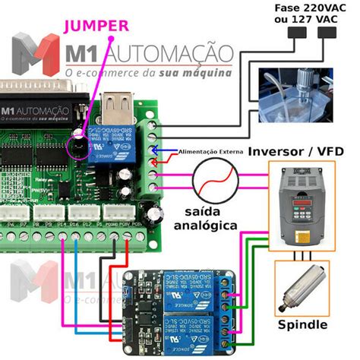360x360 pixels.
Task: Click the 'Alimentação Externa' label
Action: coord(210,152)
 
